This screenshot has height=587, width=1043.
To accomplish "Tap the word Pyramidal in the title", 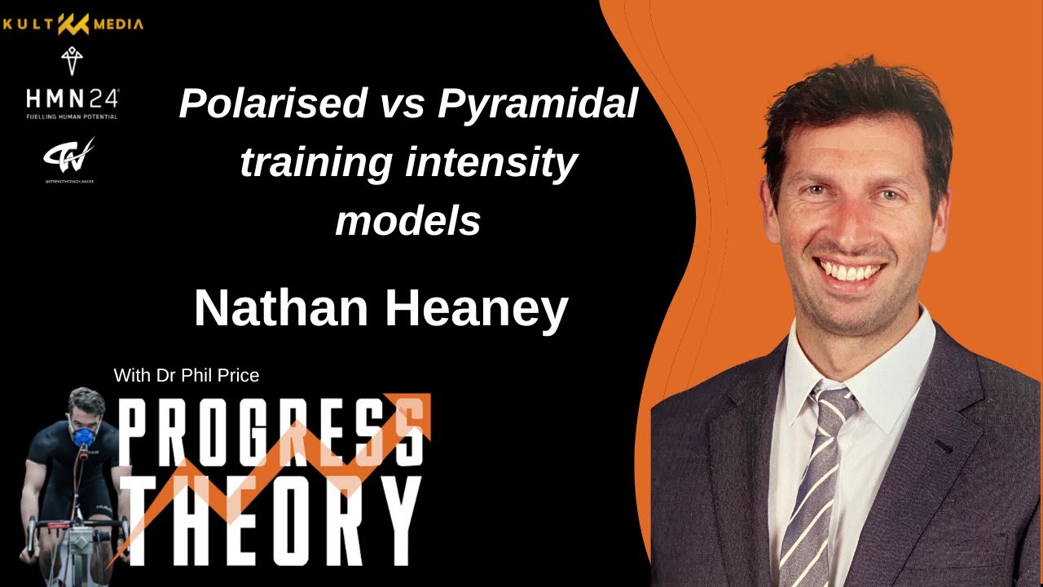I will pos(537,104).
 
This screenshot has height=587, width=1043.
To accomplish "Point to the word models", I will pos(407,220).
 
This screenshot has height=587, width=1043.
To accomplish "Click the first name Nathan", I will pos(280,308).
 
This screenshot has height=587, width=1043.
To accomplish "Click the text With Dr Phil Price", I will pos(187,375).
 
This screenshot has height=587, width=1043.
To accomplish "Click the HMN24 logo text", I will pos(72,99).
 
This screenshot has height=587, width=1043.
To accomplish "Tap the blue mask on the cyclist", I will pos(83,436).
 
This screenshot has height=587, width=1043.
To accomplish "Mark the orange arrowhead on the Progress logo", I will pos(416,410).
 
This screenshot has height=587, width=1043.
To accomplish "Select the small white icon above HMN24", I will pos(72,61).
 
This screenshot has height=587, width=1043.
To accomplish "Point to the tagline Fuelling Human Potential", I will pos(72,117).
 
